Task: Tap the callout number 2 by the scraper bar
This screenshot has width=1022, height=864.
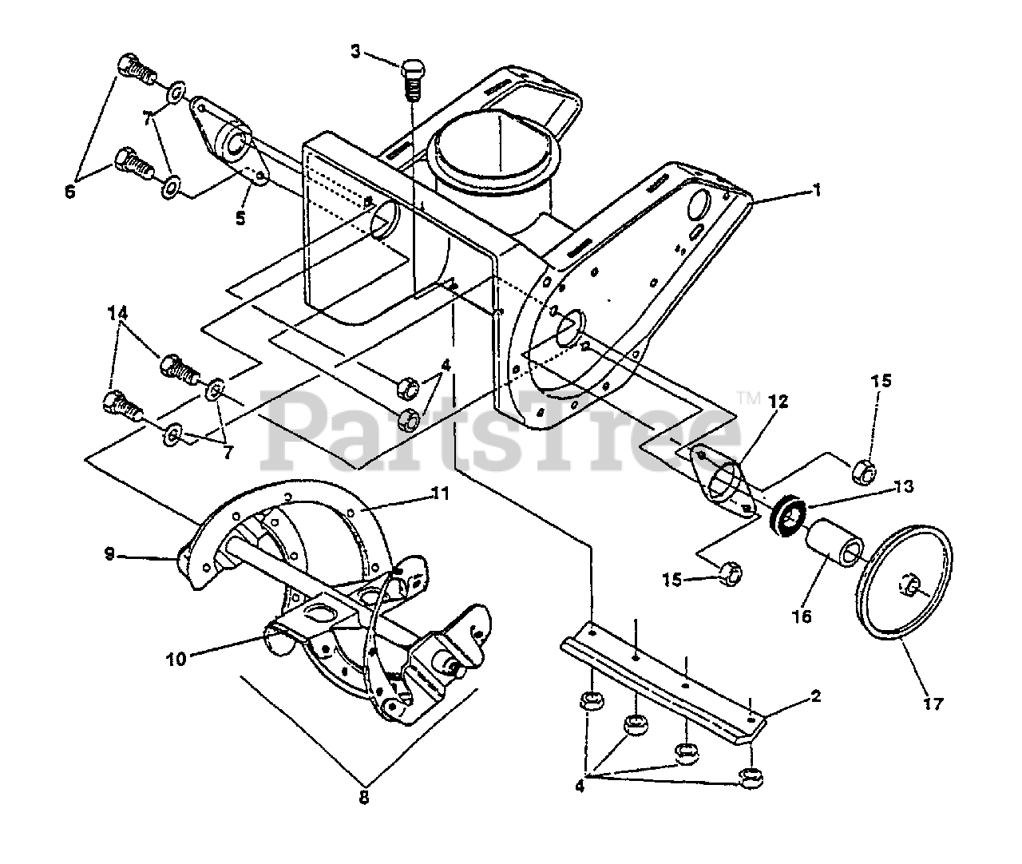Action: [x=815, y=695]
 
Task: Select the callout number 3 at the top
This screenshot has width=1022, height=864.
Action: [x=356, y=52]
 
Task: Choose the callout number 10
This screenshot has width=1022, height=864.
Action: [x=176, y=659]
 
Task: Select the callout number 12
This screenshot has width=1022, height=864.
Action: [x=778, y=402]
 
